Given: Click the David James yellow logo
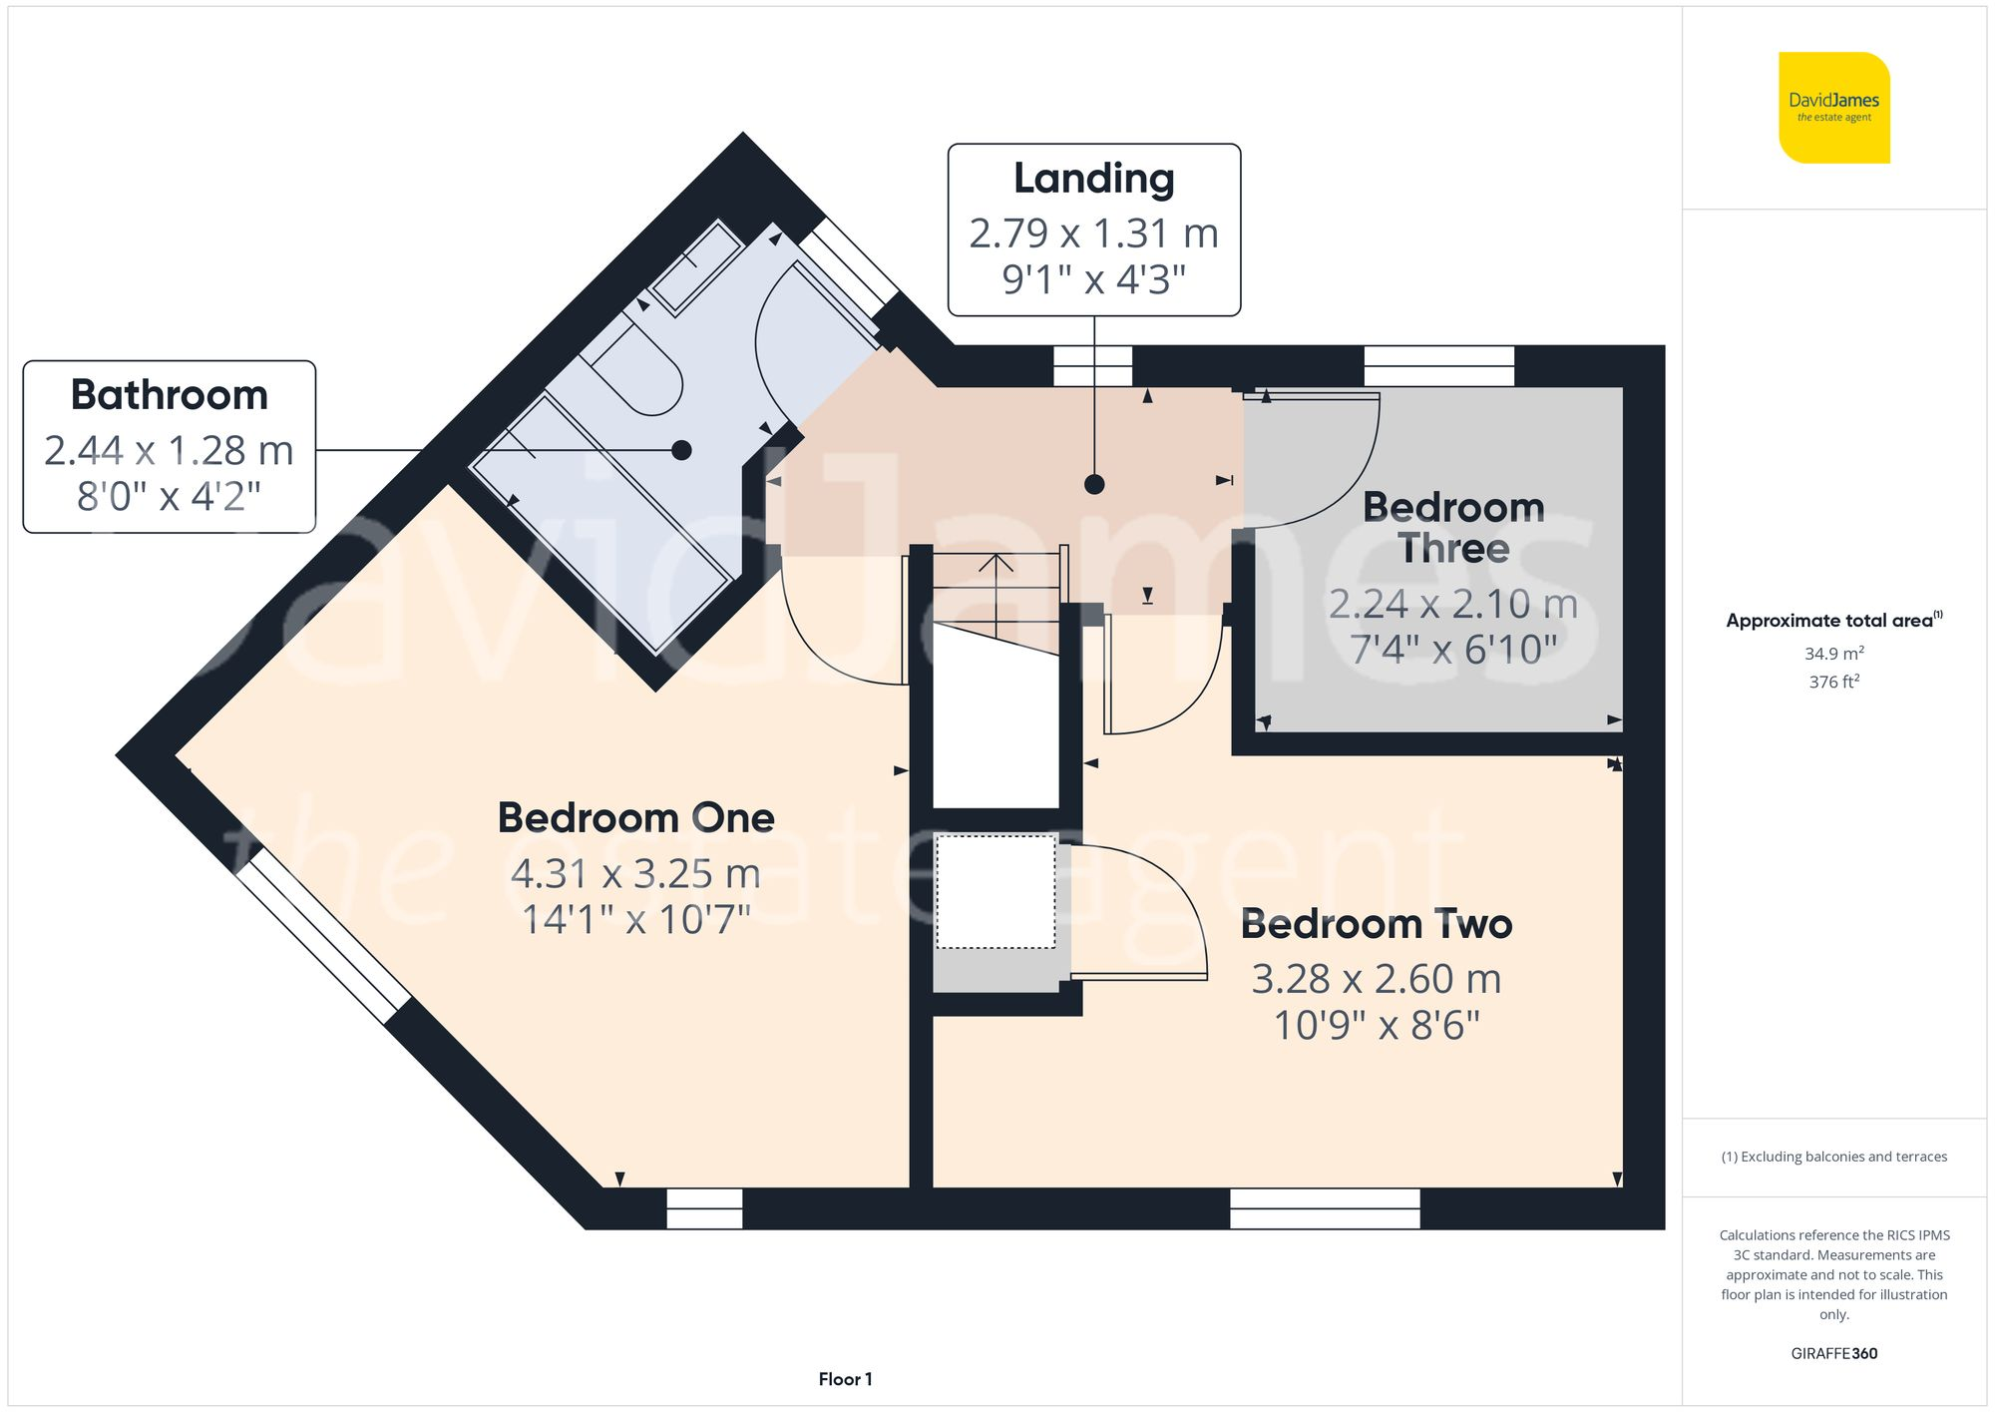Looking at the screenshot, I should click(1833, 108).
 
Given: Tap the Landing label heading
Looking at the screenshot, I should click(1093, 179).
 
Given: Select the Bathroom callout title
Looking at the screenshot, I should click(170, 395).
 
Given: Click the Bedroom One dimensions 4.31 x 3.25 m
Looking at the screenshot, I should click(635, 874).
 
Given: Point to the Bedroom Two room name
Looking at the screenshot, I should click(1376, 924).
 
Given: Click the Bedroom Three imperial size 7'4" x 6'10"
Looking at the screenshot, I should click(1453, 650).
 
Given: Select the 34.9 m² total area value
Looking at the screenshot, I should click(1833, 654).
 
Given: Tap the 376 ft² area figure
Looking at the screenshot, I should click(1833, 682).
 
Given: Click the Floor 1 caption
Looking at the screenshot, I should click(845, 1379).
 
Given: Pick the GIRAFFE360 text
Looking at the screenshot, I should click(1833, 1354).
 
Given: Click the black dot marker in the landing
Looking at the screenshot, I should click(1094, 485).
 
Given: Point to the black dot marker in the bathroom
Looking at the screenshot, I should click(681, 450).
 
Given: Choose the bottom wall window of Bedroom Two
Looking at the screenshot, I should click(1325, 1208).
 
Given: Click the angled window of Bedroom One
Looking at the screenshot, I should click(322, 936).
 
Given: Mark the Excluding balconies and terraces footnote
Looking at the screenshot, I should click(1833, 1157).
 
